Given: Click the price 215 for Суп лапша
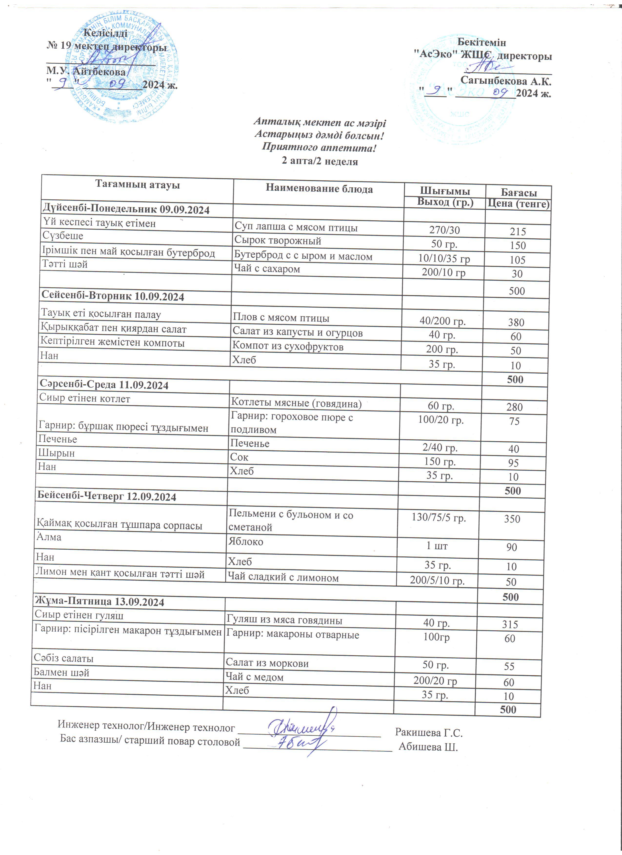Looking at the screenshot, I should (x=518, y=232).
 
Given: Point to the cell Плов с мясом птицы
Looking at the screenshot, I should (x=281, y=318).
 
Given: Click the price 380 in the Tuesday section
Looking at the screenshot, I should (x=516, y=322).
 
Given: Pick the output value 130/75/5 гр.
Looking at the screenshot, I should (x=439, y=518).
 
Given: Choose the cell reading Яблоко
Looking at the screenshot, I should (x=246, y=542).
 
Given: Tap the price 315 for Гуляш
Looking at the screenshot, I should (x=510, y=625).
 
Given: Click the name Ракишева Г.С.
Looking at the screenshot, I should (x=429, y=733).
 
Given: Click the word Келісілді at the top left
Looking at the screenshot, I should (x=105, y=33).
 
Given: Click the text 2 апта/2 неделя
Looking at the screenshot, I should (x=320, y=161).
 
